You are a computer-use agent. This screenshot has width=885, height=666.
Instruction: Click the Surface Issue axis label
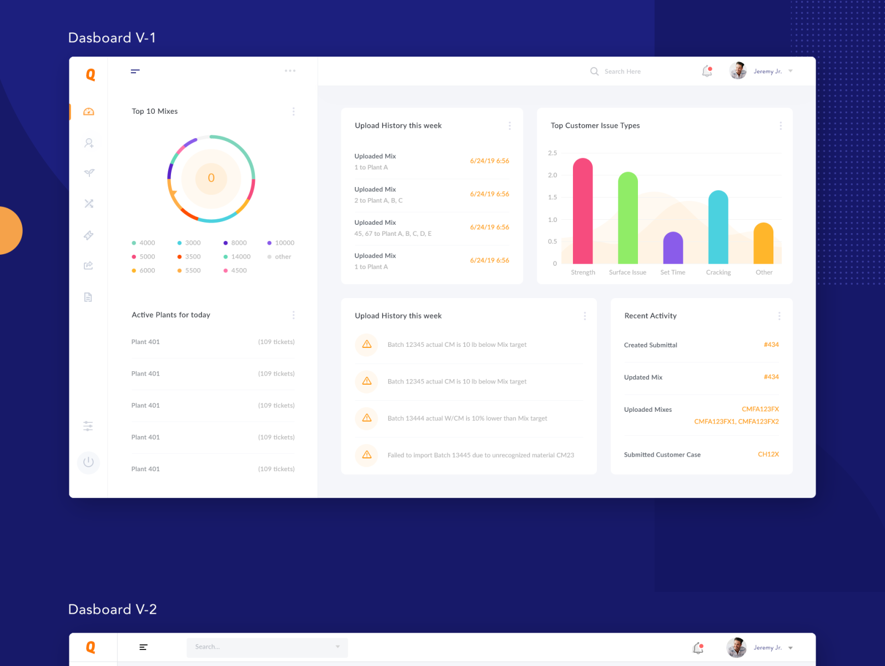(627, 273)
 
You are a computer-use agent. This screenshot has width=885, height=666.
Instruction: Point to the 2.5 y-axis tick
(552, 153)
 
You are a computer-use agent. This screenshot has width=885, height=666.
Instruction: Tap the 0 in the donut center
(211, 178)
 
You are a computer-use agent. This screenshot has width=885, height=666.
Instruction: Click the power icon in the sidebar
(88, 462)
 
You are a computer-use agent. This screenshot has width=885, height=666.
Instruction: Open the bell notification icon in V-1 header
(707, 71)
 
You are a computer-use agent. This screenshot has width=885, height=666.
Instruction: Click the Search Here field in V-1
(622, 72)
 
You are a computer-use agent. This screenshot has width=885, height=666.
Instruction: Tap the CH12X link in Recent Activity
(768, 454)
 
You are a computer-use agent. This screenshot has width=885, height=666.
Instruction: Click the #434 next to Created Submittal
(771, 345)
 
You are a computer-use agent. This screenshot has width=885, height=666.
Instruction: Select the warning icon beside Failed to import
(366, 455)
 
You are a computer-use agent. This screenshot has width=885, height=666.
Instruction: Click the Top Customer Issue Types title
(595, 125)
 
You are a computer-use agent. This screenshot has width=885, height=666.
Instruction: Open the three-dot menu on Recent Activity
(779, 316)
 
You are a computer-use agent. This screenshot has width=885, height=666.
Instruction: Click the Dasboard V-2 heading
(112, 609)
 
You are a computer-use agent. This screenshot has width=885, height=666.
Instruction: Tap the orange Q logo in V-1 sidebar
(90, 74)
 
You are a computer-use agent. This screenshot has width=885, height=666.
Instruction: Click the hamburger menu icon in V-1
(135, 71)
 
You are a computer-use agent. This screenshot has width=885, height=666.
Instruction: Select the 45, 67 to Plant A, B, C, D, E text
(393, 234)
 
